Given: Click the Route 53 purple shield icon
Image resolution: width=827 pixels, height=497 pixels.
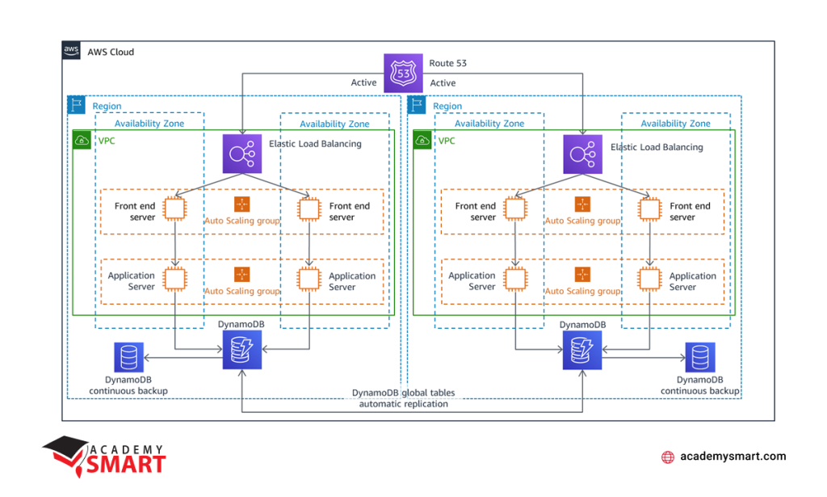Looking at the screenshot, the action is click(x=403, y=73).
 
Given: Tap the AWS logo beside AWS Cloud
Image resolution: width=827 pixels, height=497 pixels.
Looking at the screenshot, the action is click(x=71, y=51).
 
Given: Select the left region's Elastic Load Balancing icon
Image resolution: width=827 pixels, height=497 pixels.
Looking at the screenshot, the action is click(x=242, y=154).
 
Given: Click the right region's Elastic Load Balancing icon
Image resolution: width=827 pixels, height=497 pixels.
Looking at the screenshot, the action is click(x=583, y=154).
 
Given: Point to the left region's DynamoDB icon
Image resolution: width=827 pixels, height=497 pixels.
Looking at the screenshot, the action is click(x=242, y=350).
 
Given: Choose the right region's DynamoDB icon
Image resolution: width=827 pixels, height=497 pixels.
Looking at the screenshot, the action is click(x=582, y=350).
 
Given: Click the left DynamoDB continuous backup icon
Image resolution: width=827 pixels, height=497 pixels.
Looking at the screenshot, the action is click(x=128, y=357).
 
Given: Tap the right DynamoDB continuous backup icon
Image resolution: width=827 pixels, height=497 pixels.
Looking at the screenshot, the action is click(x=700, y=357).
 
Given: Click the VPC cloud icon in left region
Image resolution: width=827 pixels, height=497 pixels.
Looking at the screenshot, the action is click(x=82, y=140).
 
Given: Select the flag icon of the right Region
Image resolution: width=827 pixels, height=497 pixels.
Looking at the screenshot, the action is click(x=417, y=104).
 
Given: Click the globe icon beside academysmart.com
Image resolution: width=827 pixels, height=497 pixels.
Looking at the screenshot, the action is click(x=668, y=457).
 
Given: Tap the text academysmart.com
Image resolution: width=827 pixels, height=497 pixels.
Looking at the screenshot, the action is click(x=733, y=457).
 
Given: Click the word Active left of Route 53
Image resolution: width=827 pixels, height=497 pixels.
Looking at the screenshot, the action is click(x=364, y=82).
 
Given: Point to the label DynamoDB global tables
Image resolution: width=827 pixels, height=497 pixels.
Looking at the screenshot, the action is click(x=404, y=393).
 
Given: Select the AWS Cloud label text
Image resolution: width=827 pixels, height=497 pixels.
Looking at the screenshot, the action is click(x=111, y=52).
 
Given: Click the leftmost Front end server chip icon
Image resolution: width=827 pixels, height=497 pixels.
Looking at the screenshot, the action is click(x=174, y=209).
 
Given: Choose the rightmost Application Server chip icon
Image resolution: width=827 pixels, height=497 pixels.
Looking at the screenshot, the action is click(x=649, y=279).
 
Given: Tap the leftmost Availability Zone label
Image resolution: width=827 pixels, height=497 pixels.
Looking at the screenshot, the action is click(x=149, y=124).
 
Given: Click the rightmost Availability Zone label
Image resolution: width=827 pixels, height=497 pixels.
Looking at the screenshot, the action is click(x=676, y=124).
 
